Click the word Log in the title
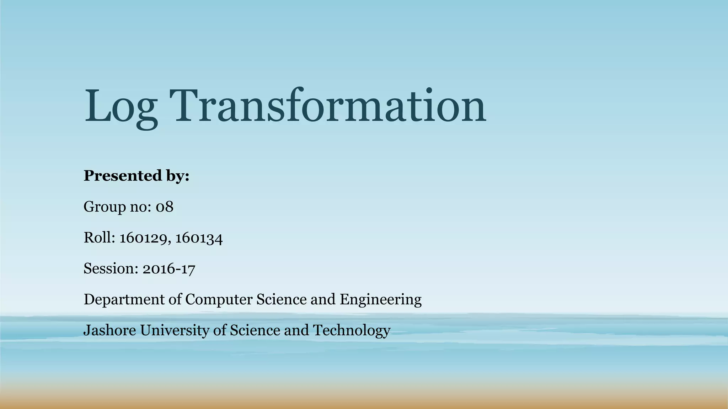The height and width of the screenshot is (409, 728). tap(121, 107)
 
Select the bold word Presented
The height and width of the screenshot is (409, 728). tap(123, 175)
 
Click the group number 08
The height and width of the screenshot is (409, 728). tap(165, 207)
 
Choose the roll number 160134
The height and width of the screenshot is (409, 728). tap(199, 238)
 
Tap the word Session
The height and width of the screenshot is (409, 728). tap(111, 268)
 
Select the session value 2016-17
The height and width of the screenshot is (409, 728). tap(169, 269)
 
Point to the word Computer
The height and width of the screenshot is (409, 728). tap(219, 300)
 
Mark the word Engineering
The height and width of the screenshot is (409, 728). tap(380, 300)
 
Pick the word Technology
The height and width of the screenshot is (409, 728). tap(352, 331)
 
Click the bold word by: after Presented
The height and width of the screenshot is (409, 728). tap(177, 176)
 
